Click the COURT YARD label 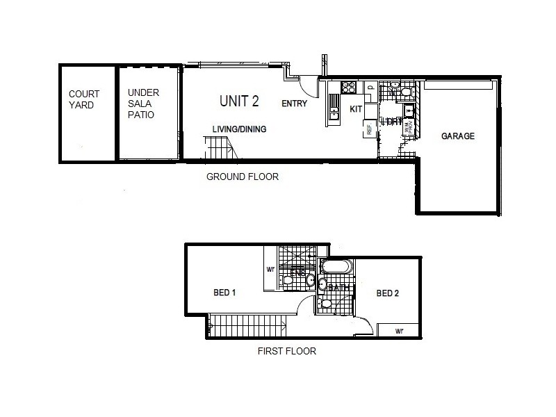(x=84, y=99)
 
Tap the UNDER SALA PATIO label (x=141, y=104)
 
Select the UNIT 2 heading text (x=239, y=101)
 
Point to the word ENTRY (x=295, y=104)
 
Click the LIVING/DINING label (x=239, y=129)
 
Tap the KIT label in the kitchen (x=356, y=109)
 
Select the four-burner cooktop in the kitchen (x=349, y=88)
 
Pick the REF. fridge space (x=368, y=129)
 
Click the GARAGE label (x=458, y=136)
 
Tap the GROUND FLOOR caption (x=243, y=177)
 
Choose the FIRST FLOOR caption (x=286, y=351)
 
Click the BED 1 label (x=224, y=293)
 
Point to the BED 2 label (x=388, y=293)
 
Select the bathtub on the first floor (x=337, y=268)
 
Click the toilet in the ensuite (x=287, y=280)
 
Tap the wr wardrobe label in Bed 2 (x=400, y=331)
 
